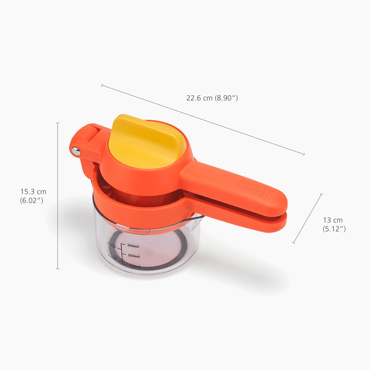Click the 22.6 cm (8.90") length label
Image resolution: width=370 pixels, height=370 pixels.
pyautogui.click(x=212, y=98)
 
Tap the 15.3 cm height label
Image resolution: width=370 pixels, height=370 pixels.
pyautogui.click(x=33, y=192)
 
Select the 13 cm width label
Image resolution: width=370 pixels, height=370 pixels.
pyautogui.click(x=333, y=220)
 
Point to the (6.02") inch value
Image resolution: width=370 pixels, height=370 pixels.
pyautogui.click(x=31, y=200)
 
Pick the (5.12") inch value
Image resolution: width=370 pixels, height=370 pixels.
pyautogui.click(x=334, y=229)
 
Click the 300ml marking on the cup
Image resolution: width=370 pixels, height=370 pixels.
pyautogui.click(x=133, y=246)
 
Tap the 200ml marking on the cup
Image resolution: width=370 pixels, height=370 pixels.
pyautogui.click(x=134, y=256)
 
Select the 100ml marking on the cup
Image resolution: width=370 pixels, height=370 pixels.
pyautogui.click(x=134, y=266)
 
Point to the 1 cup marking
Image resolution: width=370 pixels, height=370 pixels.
pyautogui.click(x=112, y=245)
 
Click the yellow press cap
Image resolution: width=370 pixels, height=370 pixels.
pyautogui.click(x=146, y=142)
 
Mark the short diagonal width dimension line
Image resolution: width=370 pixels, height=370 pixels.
pyautogui.click(x=307, y=218)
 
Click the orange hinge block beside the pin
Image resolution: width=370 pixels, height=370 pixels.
pyautogui.click(x=88, y=133)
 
